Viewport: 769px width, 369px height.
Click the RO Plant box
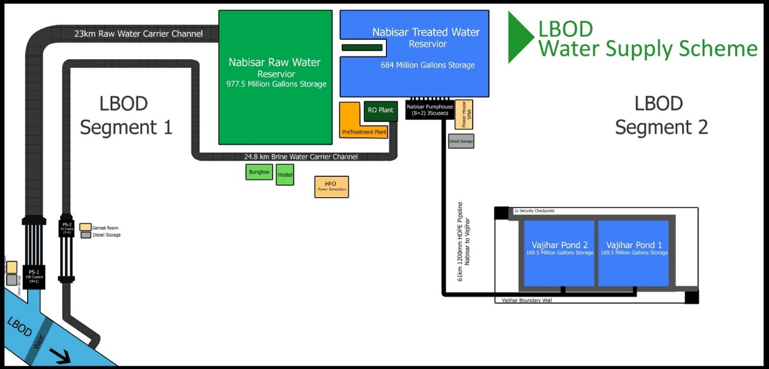pos(380,110)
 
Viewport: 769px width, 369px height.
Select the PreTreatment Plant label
pos(364,133)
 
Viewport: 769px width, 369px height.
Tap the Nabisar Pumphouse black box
pos(429,110)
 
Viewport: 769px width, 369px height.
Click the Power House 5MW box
pos(464,115)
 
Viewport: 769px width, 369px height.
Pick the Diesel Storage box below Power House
pos(461,141)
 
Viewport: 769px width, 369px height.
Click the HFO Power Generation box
pos(331,187)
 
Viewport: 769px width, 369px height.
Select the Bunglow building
pos(259,172)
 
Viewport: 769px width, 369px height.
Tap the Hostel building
pos(285,175)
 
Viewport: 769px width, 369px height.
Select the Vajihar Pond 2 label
pos(559,245)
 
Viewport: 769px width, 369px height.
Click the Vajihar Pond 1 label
pos(634,245)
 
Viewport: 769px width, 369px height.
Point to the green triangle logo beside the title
pos(521,37)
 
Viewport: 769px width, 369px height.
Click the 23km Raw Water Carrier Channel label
pos(139,34)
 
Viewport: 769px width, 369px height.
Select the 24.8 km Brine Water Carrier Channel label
pos(301,157)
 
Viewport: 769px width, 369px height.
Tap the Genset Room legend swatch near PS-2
pos(85,227)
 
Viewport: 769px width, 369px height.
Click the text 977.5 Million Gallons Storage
pos(276,85)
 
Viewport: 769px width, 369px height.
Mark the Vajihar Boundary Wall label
pos(527,301)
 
